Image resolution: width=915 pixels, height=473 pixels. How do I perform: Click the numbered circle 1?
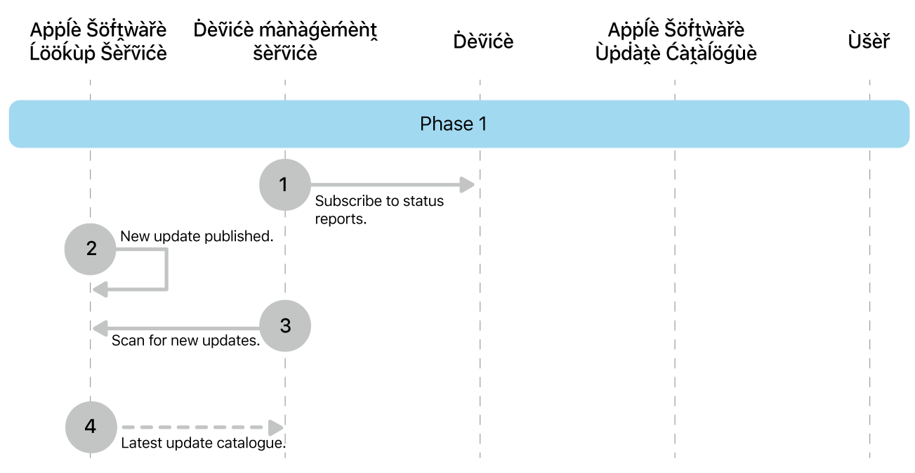click(284, 185)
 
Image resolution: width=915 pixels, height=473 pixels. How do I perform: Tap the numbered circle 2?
click(91, 249)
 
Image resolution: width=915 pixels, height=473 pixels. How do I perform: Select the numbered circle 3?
click(284, 326)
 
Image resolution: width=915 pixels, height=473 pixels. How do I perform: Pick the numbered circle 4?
click(91, 427)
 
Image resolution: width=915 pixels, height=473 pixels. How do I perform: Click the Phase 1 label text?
click(453, 124)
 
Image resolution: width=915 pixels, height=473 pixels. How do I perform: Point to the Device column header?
click(483, 41)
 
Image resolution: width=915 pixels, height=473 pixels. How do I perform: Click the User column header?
click(869, 41)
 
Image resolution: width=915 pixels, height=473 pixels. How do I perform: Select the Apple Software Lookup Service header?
click(98, 41)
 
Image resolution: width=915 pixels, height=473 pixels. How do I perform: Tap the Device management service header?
click(285, 41)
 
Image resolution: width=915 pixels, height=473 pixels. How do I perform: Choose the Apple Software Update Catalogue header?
click(676, 41)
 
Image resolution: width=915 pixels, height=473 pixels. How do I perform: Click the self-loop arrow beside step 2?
click(166, 271)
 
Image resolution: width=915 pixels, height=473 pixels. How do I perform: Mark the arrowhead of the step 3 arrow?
click(100, 328)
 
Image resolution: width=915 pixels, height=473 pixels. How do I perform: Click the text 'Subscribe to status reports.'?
click(378, 209)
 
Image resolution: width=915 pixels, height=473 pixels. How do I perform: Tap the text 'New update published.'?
click(197, 237)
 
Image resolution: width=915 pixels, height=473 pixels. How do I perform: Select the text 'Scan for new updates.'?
click(186, 342)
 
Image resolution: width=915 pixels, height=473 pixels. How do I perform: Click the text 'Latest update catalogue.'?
click(204, 443)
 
